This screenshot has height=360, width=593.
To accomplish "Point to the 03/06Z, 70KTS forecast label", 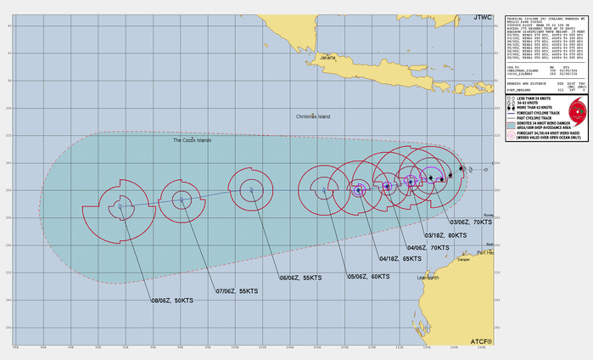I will pos(482,220).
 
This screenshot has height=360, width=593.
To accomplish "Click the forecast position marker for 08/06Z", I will pos(120,205).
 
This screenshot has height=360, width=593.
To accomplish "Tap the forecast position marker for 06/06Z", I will pos(252,189).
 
